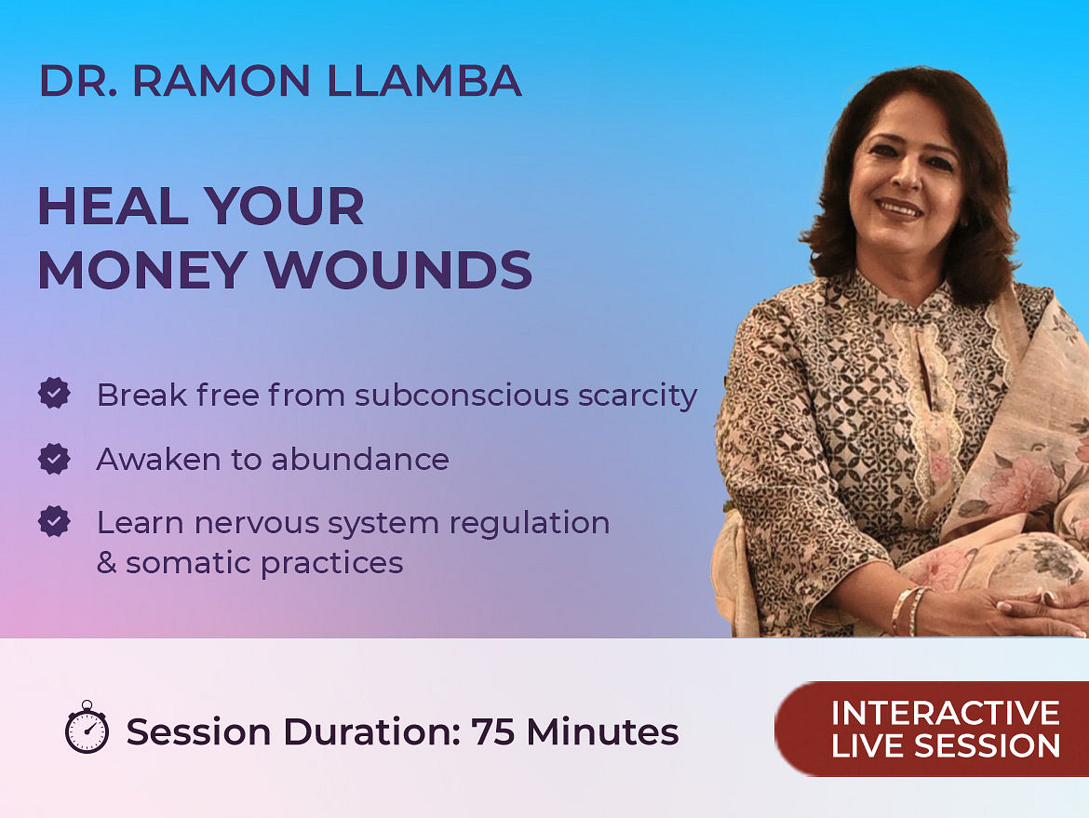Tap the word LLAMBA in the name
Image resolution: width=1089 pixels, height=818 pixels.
[423, 81]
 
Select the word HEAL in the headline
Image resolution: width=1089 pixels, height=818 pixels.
[114, 207]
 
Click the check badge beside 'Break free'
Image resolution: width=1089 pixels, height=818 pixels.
[54, 393]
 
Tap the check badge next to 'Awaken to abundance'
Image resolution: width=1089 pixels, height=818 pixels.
[54, 458]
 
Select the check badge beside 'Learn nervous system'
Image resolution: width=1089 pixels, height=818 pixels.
[54, 521]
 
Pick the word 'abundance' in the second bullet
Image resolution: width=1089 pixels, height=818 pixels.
[360, 460]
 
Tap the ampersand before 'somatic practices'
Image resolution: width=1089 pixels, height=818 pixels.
[106, 563]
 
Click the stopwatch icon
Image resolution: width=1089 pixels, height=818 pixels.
[87, 727]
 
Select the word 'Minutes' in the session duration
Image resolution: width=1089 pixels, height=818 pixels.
[602, 731]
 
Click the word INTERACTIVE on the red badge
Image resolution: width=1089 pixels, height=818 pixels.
[946, 713]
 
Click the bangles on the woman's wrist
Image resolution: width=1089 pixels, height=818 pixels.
[908, 610]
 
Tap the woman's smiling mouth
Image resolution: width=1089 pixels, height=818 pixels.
[899, 208]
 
